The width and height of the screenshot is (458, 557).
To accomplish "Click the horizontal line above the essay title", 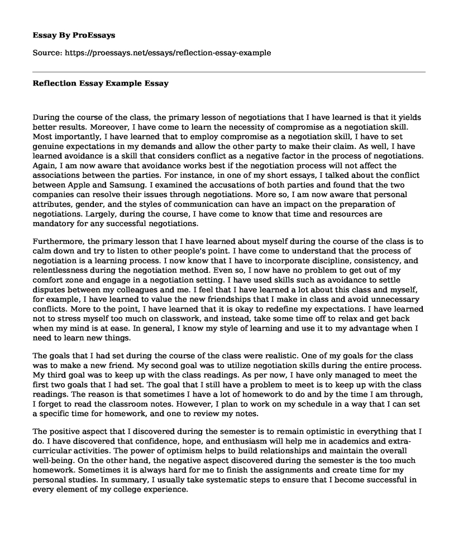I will [229, 72].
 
